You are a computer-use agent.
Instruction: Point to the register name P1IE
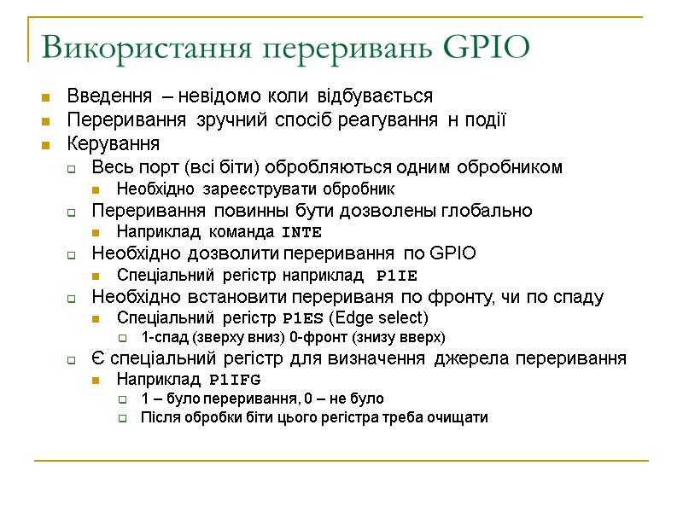[x=397, y=276]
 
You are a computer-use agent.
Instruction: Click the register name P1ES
[x=302, y=319]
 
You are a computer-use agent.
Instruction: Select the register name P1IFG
[x=235, y=379]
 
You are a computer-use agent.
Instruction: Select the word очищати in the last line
[x=460, y=417]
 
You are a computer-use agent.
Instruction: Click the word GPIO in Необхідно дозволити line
[x=453, y=253]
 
